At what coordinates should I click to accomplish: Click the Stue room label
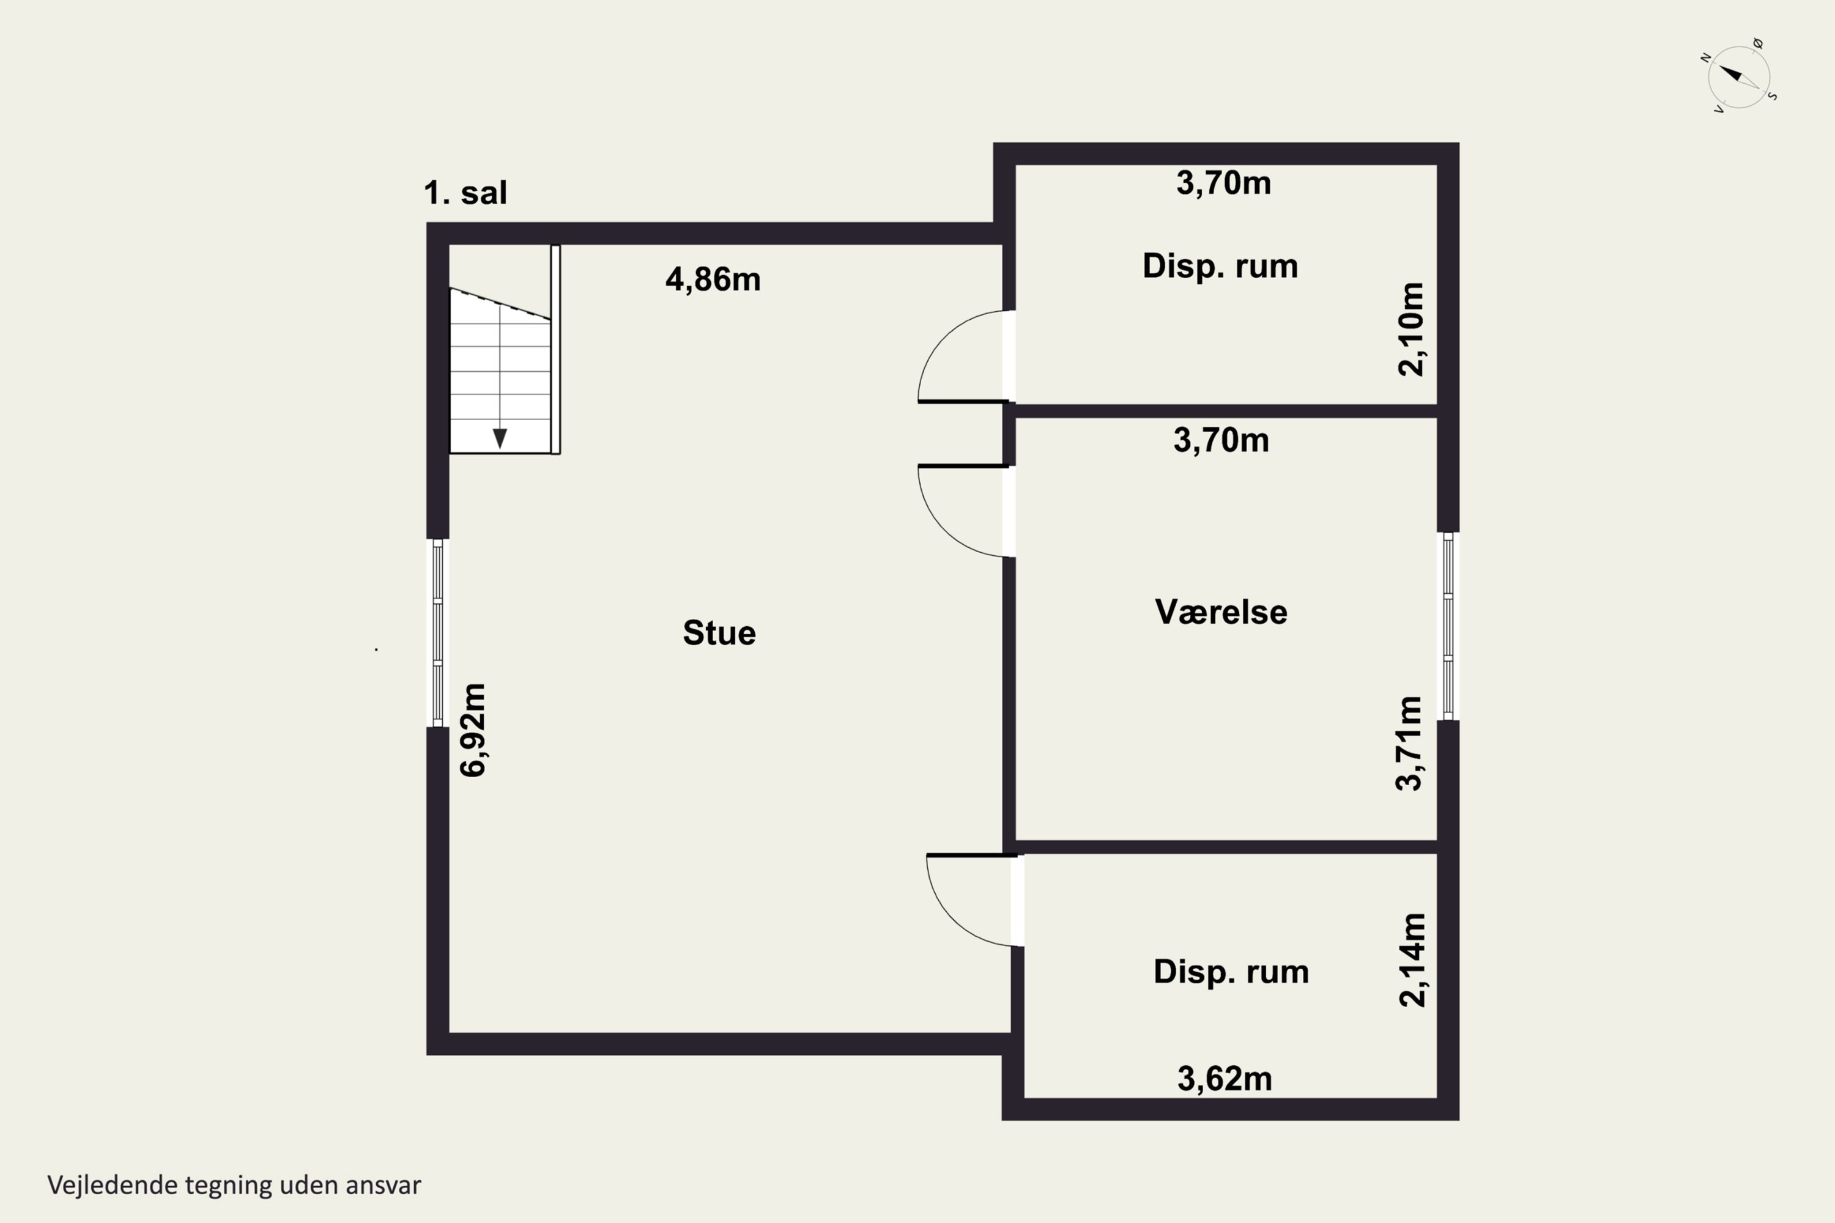tap(719, 632)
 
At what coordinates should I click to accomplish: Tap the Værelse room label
tap(1221, 611)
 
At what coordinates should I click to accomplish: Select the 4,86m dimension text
tap(713, 279)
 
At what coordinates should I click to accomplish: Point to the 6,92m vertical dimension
tap(473, 730)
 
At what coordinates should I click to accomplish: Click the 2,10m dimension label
tap(1411, 329)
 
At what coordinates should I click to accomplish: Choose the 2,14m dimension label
tap(1412, 959)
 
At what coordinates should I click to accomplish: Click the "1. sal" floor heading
tap(465, 193)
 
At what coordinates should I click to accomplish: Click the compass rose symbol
tap(1739, 76)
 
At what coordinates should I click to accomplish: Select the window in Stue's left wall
tap(438, 632)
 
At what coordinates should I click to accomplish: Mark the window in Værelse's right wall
tap(1448, 626)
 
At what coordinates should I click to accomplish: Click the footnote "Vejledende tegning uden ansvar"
tap(234, 1185)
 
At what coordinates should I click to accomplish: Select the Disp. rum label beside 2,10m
tap(1220, 266)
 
